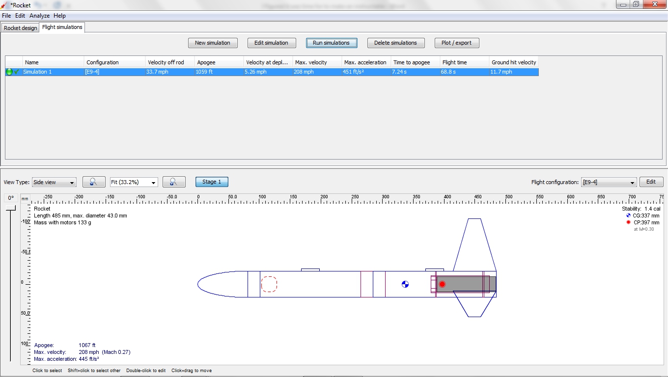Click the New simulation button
coord(213,43)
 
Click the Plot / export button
coord(456,43)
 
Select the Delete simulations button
coord(395,43)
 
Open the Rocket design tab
coord(21,28)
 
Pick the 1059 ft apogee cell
coord(204,72)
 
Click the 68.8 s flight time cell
coord(448,72)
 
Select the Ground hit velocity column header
coord(514,62)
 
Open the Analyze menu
coord(39,16)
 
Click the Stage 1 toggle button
coord(212,182)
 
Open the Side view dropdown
coord(54,182)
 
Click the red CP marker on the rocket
coord(442,284)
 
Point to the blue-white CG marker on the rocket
coord(405,284)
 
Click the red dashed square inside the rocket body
coord(269,284)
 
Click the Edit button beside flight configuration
coord(651,182)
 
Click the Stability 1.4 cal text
coord(641,209)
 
